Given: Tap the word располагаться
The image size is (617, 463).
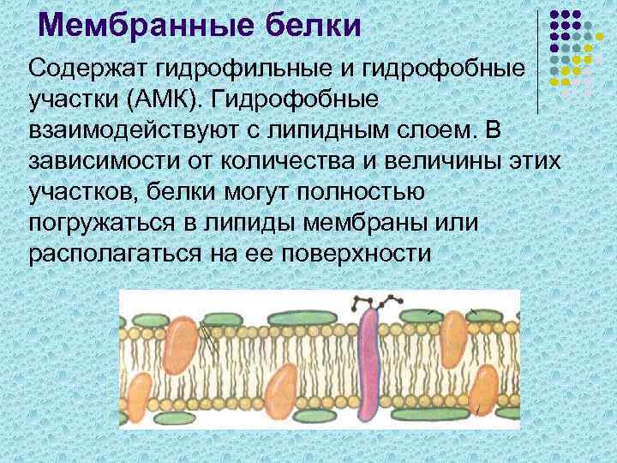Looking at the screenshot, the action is point(117,256).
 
